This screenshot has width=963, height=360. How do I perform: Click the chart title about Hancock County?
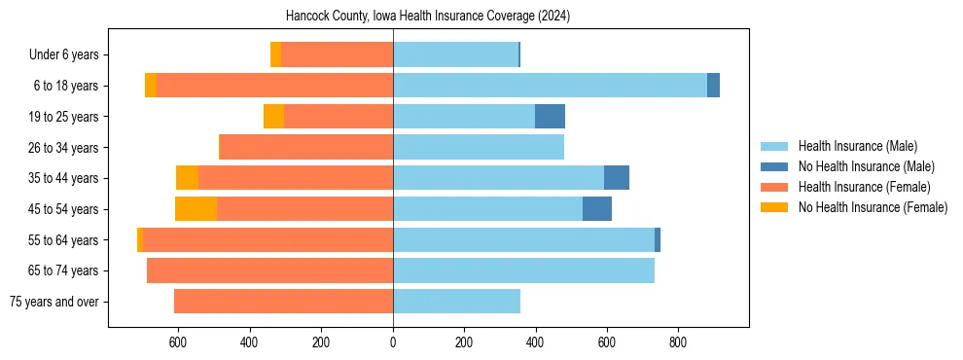tap(428, 17)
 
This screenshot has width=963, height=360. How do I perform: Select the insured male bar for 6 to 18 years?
tap(550, 86)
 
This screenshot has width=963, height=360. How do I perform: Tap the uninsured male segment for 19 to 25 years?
tap(550, 117)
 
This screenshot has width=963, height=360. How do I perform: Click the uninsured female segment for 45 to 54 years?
tap(196, 209)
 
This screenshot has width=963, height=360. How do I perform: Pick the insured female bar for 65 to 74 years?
tap(269, 270)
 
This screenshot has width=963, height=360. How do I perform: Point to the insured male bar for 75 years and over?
tap(456, 302)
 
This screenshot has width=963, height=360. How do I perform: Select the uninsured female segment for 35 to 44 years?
tap(187, 178)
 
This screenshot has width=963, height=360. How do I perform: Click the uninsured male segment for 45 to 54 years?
tap(596, 209)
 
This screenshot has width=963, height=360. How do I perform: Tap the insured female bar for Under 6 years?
tap(337, 54)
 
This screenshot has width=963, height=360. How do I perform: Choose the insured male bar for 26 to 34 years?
tap(478, 147)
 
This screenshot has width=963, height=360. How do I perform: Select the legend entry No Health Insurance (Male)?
tap(866, 166)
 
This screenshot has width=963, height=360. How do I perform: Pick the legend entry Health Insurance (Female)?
tap(864, 187)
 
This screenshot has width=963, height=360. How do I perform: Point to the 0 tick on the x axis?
tap(393, 342)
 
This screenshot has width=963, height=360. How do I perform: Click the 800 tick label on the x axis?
tap(678, 342)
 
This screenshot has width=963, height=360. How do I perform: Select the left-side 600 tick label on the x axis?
tap(178, 342)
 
